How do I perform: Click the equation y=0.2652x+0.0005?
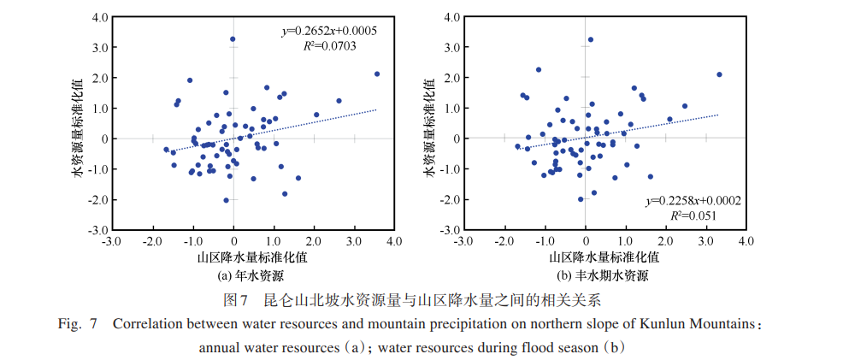click(330, 31)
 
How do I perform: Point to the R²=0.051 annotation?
click(700, 215)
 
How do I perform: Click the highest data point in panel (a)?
click(233, 39)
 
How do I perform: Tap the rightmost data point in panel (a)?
click(377, 74)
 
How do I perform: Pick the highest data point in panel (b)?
click(590, 39)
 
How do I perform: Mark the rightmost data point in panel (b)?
click(719, 74)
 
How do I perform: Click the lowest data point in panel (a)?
click(226, 200)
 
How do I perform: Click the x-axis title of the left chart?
click(252, 257)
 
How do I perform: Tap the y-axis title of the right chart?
click(432, 123)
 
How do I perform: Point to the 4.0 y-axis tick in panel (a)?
click(99, 17)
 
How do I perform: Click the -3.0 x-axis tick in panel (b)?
click(459, 242)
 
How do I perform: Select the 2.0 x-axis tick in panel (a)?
click(314, 242)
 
